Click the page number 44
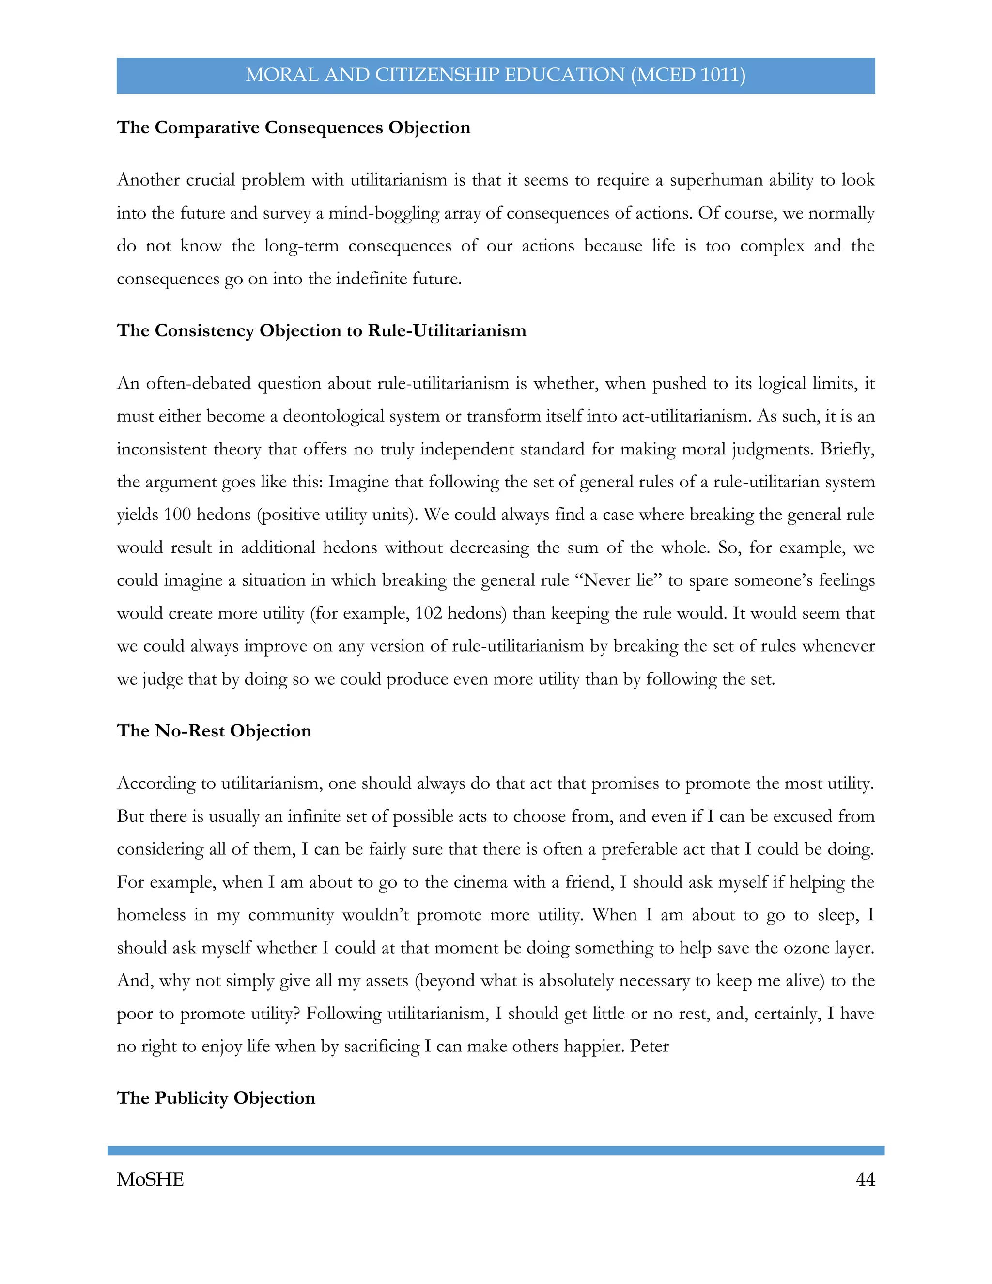pos(865,1179)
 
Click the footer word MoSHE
pos(151,1179)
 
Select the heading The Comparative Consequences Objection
pos(293,127)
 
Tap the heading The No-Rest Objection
pos(214,730)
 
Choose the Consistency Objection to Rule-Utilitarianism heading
pos(322,330)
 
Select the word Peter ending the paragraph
pos(650,1046)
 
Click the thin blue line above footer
pos(496,1150)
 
